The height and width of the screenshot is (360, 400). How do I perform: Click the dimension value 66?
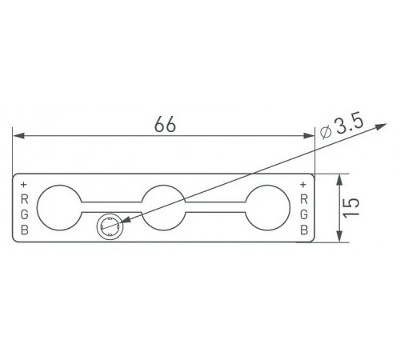[x=165, y=124]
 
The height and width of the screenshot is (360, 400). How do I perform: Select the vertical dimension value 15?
[x=351, y=208]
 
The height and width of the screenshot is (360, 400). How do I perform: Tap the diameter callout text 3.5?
[x=350, y=123]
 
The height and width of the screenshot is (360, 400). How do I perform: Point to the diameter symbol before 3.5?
[x=326, y=133]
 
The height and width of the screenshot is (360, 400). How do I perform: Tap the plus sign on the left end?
[x=24, y=184]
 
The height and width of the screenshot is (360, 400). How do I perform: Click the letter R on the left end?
[x=25, y=199]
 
